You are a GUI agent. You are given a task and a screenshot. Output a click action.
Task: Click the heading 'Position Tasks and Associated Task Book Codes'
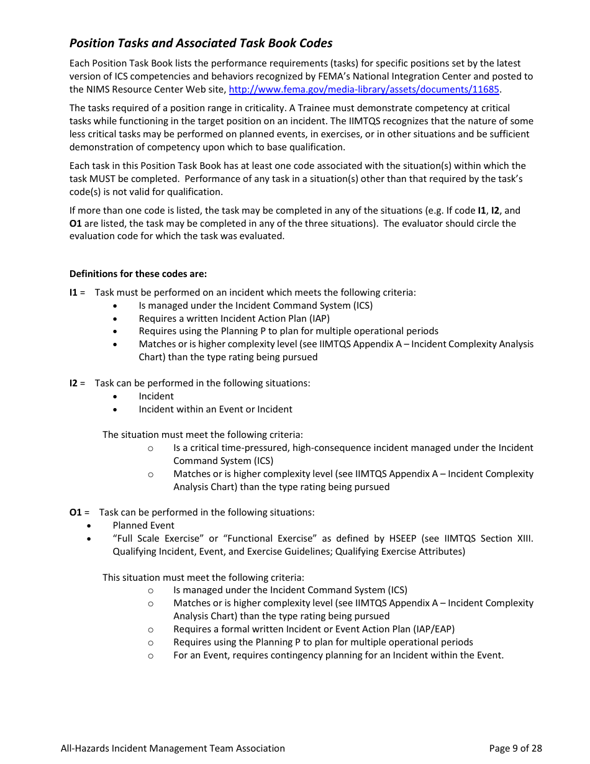click(201, 43)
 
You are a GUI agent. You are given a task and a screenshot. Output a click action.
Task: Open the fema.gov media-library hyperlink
click(364, 89)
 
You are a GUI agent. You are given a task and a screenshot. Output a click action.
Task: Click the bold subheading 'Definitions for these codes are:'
click(138, 274)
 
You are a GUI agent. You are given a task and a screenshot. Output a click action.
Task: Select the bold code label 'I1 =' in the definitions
click(77, 293)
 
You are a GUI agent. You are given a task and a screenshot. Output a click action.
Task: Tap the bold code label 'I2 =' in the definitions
click(77, 383)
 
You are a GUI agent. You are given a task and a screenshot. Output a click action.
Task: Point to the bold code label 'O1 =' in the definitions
click(79, 512)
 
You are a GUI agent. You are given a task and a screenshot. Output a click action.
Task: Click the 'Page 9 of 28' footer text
click(515, 748)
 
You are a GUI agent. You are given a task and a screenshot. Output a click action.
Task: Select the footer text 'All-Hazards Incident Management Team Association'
click(173, 748)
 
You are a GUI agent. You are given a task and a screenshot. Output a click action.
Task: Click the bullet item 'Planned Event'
click(143, 525)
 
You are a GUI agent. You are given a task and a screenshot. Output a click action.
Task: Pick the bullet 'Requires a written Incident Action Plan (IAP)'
click(234, 319)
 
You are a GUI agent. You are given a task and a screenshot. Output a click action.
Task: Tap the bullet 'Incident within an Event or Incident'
click(215, 409)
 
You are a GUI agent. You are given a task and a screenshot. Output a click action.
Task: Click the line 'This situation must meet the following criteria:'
click(203, 578)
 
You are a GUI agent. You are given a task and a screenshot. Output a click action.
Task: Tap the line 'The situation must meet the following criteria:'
click(202, 435)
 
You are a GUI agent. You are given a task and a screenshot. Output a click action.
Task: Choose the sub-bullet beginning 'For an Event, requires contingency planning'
click(338, 655)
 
